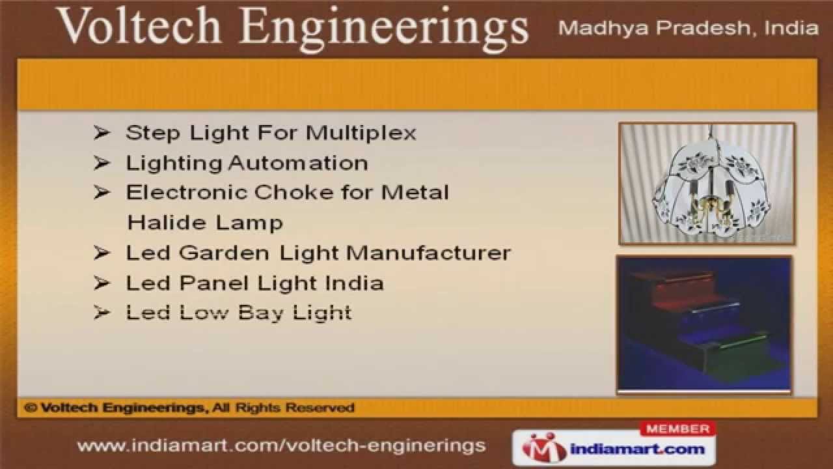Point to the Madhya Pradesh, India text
[689, 28]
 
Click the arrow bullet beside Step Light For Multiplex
[102, 133]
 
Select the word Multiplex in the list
[361, 133]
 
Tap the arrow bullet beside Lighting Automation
[102, 163]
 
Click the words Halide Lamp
[205, 222]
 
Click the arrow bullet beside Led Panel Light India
[102, 283]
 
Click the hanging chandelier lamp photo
[707, 184]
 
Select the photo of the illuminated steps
[704, 324]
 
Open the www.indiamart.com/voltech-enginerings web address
[281, 446]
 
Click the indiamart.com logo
[614, 448]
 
